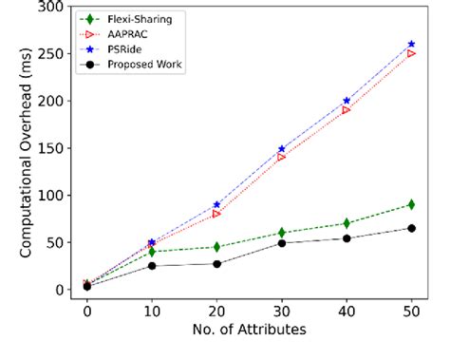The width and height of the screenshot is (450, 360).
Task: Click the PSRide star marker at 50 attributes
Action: click(x=410, y=45)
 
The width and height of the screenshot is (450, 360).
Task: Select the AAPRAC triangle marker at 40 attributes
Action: click(x=346, y=110)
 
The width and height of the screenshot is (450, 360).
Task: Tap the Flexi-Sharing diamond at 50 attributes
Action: click(x=410, y=204)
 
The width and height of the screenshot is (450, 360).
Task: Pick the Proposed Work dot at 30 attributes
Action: click(x=281, y=243)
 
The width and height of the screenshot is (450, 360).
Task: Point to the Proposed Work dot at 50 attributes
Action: click(x=410, y=228)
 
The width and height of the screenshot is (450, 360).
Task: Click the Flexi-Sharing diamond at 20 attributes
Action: click(x=216, y=247)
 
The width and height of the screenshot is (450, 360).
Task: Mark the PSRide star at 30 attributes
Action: click(x=281, y=149)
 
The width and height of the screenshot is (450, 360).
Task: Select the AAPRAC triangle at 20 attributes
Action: click(x=216, y=214)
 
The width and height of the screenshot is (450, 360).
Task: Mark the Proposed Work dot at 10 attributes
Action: click(x=152, y=266)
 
